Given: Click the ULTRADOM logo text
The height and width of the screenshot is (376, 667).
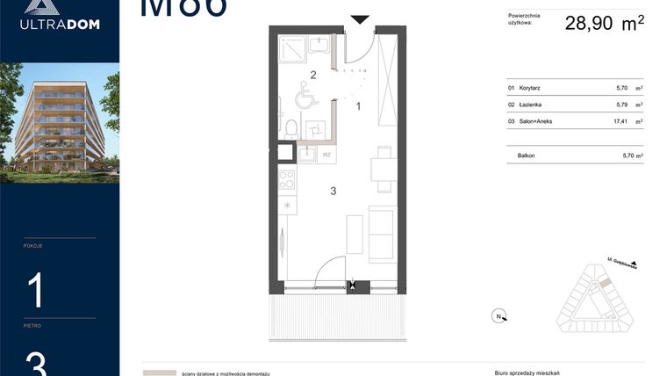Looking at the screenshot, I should coord(60,25).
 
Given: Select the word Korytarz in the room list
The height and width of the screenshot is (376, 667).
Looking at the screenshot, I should coord(530,88).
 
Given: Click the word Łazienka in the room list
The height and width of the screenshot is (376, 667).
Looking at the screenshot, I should coord(530,105).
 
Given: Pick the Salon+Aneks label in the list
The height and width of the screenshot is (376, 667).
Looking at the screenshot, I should coord(535,121).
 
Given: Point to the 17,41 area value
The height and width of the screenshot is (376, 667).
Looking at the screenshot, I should coord(622,121).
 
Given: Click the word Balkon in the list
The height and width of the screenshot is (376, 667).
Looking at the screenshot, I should coord(527,155).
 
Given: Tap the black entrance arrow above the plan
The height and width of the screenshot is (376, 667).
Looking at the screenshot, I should coord(360,19).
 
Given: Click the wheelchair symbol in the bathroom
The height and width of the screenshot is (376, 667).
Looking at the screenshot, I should coord(308,95).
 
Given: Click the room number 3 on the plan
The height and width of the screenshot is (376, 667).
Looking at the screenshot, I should coord(333,191).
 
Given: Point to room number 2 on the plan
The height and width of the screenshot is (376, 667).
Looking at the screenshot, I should coord(312,75).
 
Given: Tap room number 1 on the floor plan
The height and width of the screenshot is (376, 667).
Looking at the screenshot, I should coord(358,105).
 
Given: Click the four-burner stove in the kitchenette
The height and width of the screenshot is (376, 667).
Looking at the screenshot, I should coord(286,180).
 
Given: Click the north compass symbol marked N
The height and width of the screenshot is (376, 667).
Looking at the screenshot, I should coord(498,317).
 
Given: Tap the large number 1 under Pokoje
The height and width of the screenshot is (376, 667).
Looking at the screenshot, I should coord(36,291).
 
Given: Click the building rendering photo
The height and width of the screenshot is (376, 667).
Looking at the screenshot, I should coord(60,123).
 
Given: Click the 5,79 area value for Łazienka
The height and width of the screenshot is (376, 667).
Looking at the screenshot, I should coord(622,105).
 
